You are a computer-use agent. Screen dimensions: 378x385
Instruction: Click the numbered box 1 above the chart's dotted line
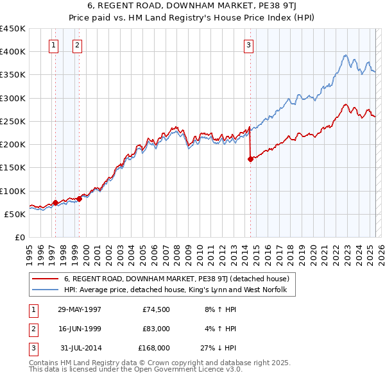click(53, 45)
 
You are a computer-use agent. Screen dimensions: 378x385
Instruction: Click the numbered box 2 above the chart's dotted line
click(77, 45)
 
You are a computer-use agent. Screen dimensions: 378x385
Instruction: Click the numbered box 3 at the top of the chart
click(248, 45)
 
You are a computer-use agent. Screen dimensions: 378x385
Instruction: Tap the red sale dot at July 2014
click(250, 160)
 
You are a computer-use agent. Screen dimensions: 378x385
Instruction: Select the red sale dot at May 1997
click(56, 202)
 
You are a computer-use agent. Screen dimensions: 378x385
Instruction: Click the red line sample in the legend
click(44, 279)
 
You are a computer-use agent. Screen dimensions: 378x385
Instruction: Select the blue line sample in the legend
click(44, 290)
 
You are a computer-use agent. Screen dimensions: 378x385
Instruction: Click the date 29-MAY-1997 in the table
click(80, 309)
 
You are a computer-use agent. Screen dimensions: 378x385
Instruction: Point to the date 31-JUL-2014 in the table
click(80, 348)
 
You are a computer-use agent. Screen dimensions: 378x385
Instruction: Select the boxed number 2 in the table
click(33, 329)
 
